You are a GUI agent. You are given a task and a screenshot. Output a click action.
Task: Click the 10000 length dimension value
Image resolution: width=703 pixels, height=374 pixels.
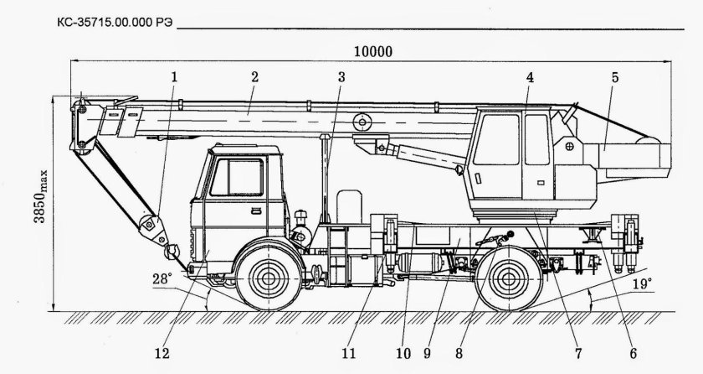(x=373, y=51)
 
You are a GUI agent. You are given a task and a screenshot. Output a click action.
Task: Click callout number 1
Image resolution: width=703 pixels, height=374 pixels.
(x=174, y=76)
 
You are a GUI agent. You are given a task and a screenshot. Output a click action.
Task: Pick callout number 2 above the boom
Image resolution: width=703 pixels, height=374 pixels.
(x=254, y=76)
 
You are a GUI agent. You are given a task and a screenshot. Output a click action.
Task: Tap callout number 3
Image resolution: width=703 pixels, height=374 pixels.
(x=341, y=76)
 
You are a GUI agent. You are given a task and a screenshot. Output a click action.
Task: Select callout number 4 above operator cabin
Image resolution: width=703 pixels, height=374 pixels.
(x=529, y=76)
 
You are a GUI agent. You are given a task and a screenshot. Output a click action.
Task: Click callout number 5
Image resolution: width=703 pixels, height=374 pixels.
(x=614, y=76)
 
